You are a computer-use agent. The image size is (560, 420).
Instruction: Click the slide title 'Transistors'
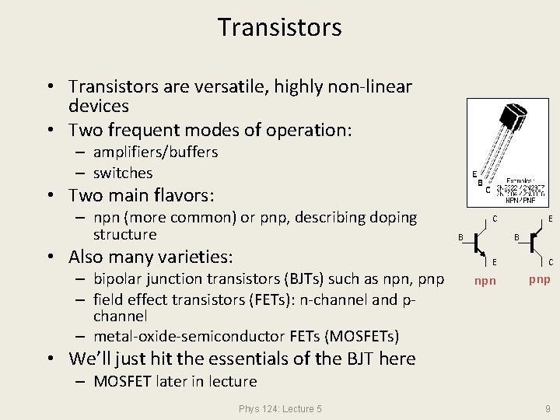pyautogui.click(x=279, y=27)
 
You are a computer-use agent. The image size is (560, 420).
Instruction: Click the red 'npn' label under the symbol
pyautogui.click(x=485, y=281)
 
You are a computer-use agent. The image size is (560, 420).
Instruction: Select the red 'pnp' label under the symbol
pyautogui.click(x=540, y=279)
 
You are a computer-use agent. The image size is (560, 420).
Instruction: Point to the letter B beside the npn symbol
pyautogui.click(x=460, y=236)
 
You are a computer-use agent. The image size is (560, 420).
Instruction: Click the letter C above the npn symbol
pyautogui.click(x=495, y=219)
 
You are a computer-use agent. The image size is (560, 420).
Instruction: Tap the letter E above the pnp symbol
pyautogui.click(x=550, y=219)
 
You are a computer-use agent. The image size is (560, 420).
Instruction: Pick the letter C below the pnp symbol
pyautogui.click(x=550, y=262)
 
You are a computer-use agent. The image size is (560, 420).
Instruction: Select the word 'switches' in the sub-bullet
pyautogui.click(x=123, y=173)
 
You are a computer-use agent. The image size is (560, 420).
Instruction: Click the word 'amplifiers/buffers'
pyautogui.click(x=156, y=152)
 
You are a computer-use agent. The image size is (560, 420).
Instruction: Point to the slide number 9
pyautogui.click(x=547, y=408)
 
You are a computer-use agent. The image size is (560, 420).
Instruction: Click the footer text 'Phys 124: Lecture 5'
pyautogui.click(x=280, y=408)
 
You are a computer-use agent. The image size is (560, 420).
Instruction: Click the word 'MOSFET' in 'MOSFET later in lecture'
pyautogui.click(x=122, y=381)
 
